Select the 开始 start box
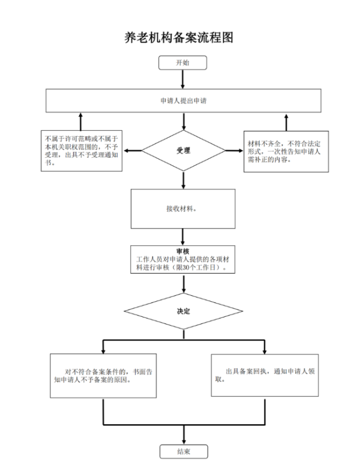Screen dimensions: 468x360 182,62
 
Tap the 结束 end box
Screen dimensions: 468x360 183,452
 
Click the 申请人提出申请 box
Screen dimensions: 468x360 183,101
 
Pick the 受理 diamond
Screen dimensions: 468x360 183,151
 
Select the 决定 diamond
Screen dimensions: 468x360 183,311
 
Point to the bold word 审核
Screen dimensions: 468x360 183,251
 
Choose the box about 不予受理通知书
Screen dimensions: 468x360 81,151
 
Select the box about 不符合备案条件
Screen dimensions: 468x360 103,376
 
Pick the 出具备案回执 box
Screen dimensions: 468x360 265,376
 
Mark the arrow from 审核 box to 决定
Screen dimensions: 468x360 183,283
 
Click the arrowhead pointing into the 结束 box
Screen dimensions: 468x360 183,441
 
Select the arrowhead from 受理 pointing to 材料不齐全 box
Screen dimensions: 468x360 239,151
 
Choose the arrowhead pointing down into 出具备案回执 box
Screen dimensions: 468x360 264,350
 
